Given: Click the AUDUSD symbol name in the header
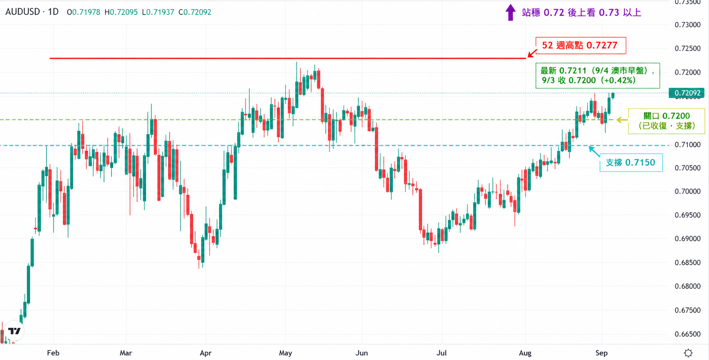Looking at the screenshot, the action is tap(23, 12).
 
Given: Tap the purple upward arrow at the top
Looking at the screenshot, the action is tap(510, 12).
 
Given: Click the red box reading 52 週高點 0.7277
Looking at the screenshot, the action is tap(581, 45).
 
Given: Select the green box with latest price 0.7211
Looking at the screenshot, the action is tap(598, 75).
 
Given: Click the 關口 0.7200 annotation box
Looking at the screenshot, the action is tap(666, 121).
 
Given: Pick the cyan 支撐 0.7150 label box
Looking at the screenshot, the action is tap(631, 163).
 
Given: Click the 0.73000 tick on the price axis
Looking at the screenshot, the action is tap(688, 25).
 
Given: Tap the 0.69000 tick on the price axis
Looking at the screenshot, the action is tap(688, 238).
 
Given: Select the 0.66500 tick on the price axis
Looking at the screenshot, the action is tap(688, 334).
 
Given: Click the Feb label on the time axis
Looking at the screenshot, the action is tap(53, 353).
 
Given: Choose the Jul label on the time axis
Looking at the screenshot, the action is tap(441, 353).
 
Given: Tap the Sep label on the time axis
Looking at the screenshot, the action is tap(601, 353).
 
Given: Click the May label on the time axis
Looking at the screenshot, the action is tap(285, 353).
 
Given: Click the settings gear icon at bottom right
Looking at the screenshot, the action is tap(688, 353).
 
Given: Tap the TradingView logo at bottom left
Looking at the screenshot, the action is tap(15, 331).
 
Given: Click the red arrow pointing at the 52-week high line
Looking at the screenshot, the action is tap(532, 53).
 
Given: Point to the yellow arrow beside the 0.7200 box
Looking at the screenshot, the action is tap(622, 120).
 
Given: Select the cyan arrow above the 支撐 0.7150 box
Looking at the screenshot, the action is tap(594, 151).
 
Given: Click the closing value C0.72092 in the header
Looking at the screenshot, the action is tap(195, 12).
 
